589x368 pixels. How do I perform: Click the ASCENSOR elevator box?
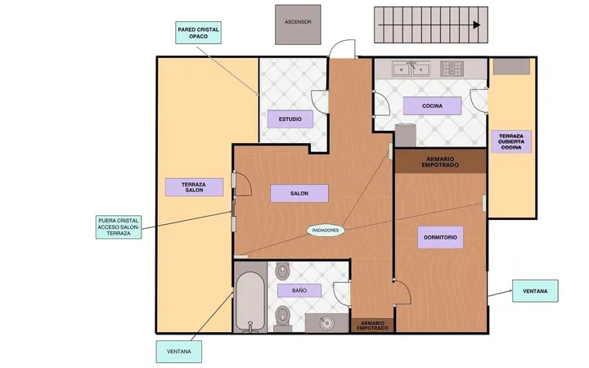pos(298,25)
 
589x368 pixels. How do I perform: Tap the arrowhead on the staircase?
pos(477,25)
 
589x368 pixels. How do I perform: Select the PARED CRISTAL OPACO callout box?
pos(198,33)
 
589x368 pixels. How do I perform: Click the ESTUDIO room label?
pos(290,119)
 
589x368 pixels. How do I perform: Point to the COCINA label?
pos(433,105)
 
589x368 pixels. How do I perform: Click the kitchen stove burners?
pos(452,69)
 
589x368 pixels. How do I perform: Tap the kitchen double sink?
pos(411,69)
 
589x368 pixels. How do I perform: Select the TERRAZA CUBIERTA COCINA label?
pos(511,141)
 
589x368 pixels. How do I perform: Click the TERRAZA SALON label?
pos(194,187)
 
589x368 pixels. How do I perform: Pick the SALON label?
pos(299,193)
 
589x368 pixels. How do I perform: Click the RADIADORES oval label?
pos(326,230)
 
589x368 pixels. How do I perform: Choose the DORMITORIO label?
pos(440,237)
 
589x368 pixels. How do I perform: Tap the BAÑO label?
pos(299,290)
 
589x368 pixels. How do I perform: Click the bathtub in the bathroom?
pos(250,302)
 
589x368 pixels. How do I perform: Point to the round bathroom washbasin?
pos(326,323)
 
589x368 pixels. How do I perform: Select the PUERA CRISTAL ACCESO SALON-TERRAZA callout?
pos(119,227)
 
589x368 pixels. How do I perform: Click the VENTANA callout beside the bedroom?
pos(535,291)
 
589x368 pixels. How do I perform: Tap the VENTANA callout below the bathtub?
pos(179,352)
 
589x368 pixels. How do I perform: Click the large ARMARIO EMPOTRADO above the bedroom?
pos(440,161)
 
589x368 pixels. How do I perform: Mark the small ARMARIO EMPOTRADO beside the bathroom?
pos(373,325)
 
